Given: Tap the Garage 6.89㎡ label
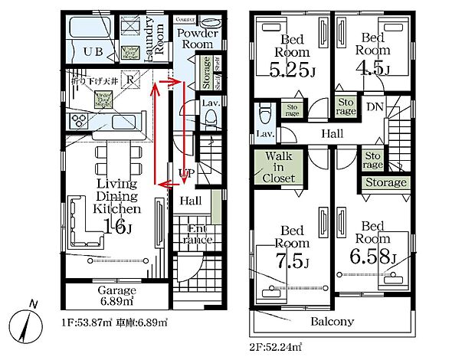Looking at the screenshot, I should (116, 296).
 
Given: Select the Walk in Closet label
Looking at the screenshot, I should (279, 168).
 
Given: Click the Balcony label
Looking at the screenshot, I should (331, 321).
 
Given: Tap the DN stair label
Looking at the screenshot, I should (375, 106).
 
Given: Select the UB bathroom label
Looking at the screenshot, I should (93, 51).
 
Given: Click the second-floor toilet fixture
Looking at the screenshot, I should (265, 115).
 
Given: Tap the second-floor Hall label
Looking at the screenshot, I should (331, 134).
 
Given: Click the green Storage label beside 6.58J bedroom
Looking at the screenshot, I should (385, 183).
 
